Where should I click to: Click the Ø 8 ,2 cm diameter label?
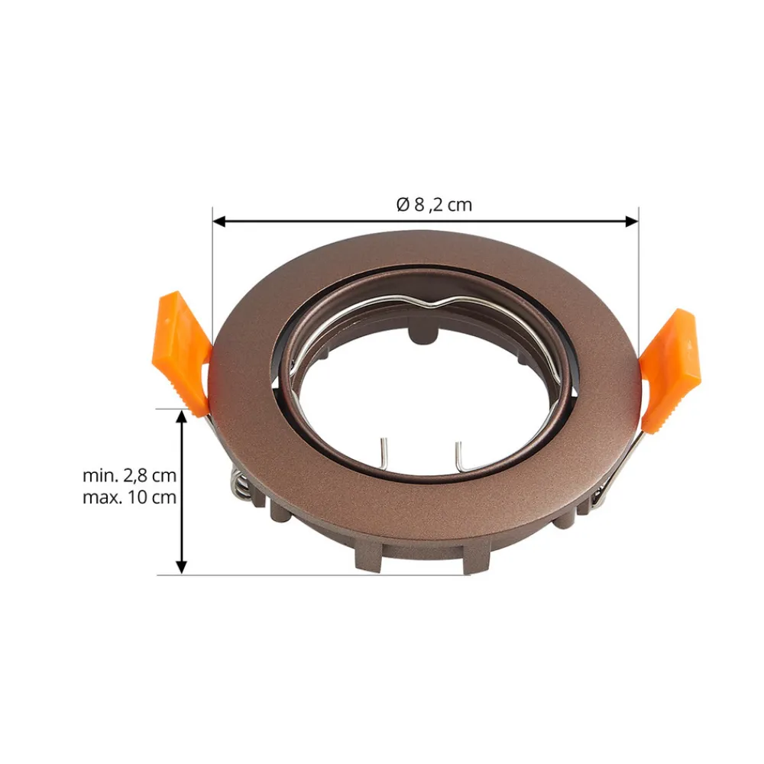point(434,204)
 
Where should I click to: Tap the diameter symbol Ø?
point(403,204)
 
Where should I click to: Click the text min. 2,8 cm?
point(129,475)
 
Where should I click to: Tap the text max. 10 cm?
point(129,497)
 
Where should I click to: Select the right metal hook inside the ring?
point(461,455)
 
